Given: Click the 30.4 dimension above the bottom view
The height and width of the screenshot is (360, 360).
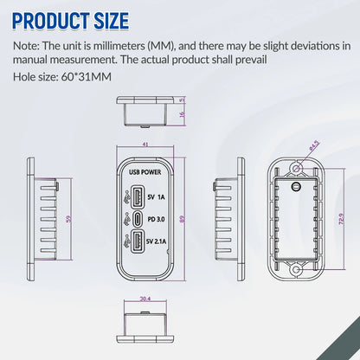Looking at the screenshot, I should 144,300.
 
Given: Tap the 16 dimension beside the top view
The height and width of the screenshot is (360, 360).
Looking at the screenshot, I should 181,114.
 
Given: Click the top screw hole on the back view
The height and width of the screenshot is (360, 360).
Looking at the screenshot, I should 295,164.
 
